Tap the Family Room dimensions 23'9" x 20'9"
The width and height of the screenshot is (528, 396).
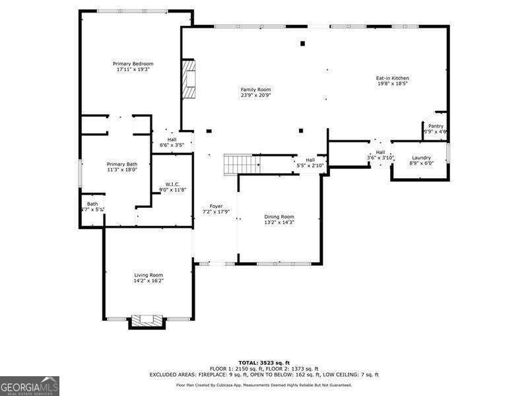255,96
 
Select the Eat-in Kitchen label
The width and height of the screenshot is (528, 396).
393,78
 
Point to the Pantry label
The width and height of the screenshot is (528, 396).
436,126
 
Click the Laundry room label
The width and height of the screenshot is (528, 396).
421,158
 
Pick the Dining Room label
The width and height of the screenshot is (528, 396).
279,216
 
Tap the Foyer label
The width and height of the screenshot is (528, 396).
216,207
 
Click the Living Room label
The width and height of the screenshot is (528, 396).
148,275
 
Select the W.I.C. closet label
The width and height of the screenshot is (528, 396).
172,184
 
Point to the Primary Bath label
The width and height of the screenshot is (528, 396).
122,164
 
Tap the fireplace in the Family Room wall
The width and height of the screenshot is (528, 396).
189,79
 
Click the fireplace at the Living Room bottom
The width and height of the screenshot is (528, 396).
146,321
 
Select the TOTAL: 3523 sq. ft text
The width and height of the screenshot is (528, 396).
264,363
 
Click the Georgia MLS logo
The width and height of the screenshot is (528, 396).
30,385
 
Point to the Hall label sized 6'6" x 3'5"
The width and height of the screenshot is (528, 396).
172,139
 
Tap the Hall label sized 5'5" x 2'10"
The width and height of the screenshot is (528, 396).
310,160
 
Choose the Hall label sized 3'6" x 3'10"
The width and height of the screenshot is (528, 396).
380,152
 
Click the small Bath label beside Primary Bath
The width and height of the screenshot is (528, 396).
92,204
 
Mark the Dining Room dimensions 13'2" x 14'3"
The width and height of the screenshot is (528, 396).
279,222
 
